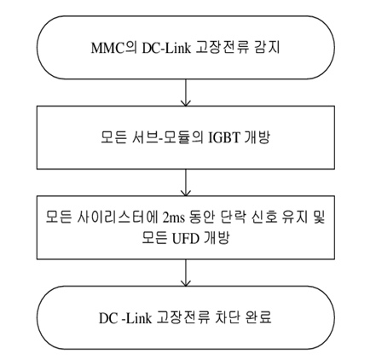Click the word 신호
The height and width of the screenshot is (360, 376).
point(264,218)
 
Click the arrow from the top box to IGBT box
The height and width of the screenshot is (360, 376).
point(186,92)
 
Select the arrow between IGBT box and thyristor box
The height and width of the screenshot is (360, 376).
point(186,183)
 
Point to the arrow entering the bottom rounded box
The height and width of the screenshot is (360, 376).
point(186,273)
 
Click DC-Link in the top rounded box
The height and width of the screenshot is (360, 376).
point(166,48)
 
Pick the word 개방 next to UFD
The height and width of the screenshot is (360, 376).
point(217,238)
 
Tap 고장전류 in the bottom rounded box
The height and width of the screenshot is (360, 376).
point(182,317)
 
